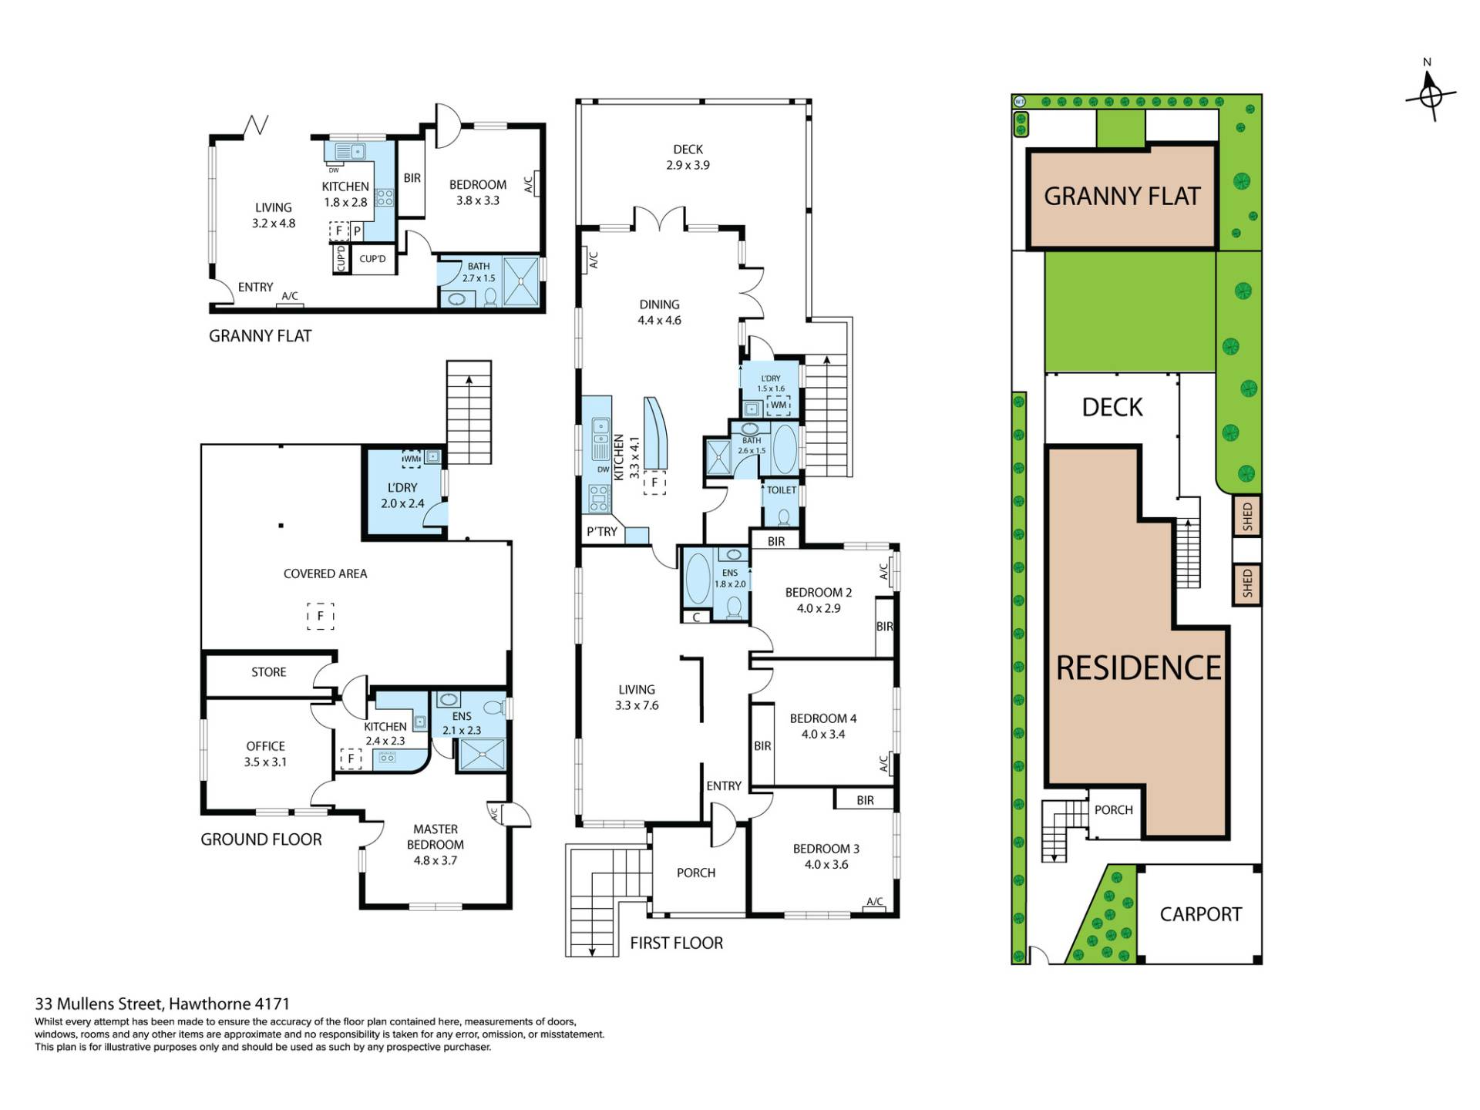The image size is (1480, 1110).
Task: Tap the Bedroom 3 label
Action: (x=826, y=849)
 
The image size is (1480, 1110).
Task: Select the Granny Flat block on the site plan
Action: (x=1122, y=197)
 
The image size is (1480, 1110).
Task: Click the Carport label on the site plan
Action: (x=1201, y=914)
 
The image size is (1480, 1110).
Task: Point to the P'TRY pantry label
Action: (x=602, y=531)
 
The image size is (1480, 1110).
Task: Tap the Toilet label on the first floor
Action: (x=782, y=490)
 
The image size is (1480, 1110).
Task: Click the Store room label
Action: (x=269, y=672)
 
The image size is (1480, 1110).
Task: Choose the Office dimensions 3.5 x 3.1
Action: (x=265, y=762)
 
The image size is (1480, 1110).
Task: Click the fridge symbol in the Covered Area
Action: (x=321, y=616)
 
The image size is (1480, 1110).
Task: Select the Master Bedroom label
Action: (x=436, y=837)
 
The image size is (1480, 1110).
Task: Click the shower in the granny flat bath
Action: (x=522, y=281)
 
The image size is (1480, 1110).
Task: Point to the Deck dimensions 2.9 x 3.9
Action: (x=688, y=165)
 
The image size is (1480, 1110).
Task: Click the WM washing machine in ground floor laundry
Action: (x=412, y=459)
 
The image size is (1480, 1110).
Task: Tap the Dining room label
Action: (x=660, y=304)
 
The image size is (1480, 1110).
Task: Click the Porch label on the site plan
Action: (x=1114, y=810)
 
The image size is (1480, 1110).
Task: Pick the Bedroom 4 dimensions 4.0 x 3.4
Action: (x=823, y=735)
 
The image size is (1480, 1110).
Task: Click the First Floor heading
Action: (x=677, y=943)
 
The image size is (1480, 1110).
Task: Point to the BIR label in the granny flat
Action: (x=412, y=178)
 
